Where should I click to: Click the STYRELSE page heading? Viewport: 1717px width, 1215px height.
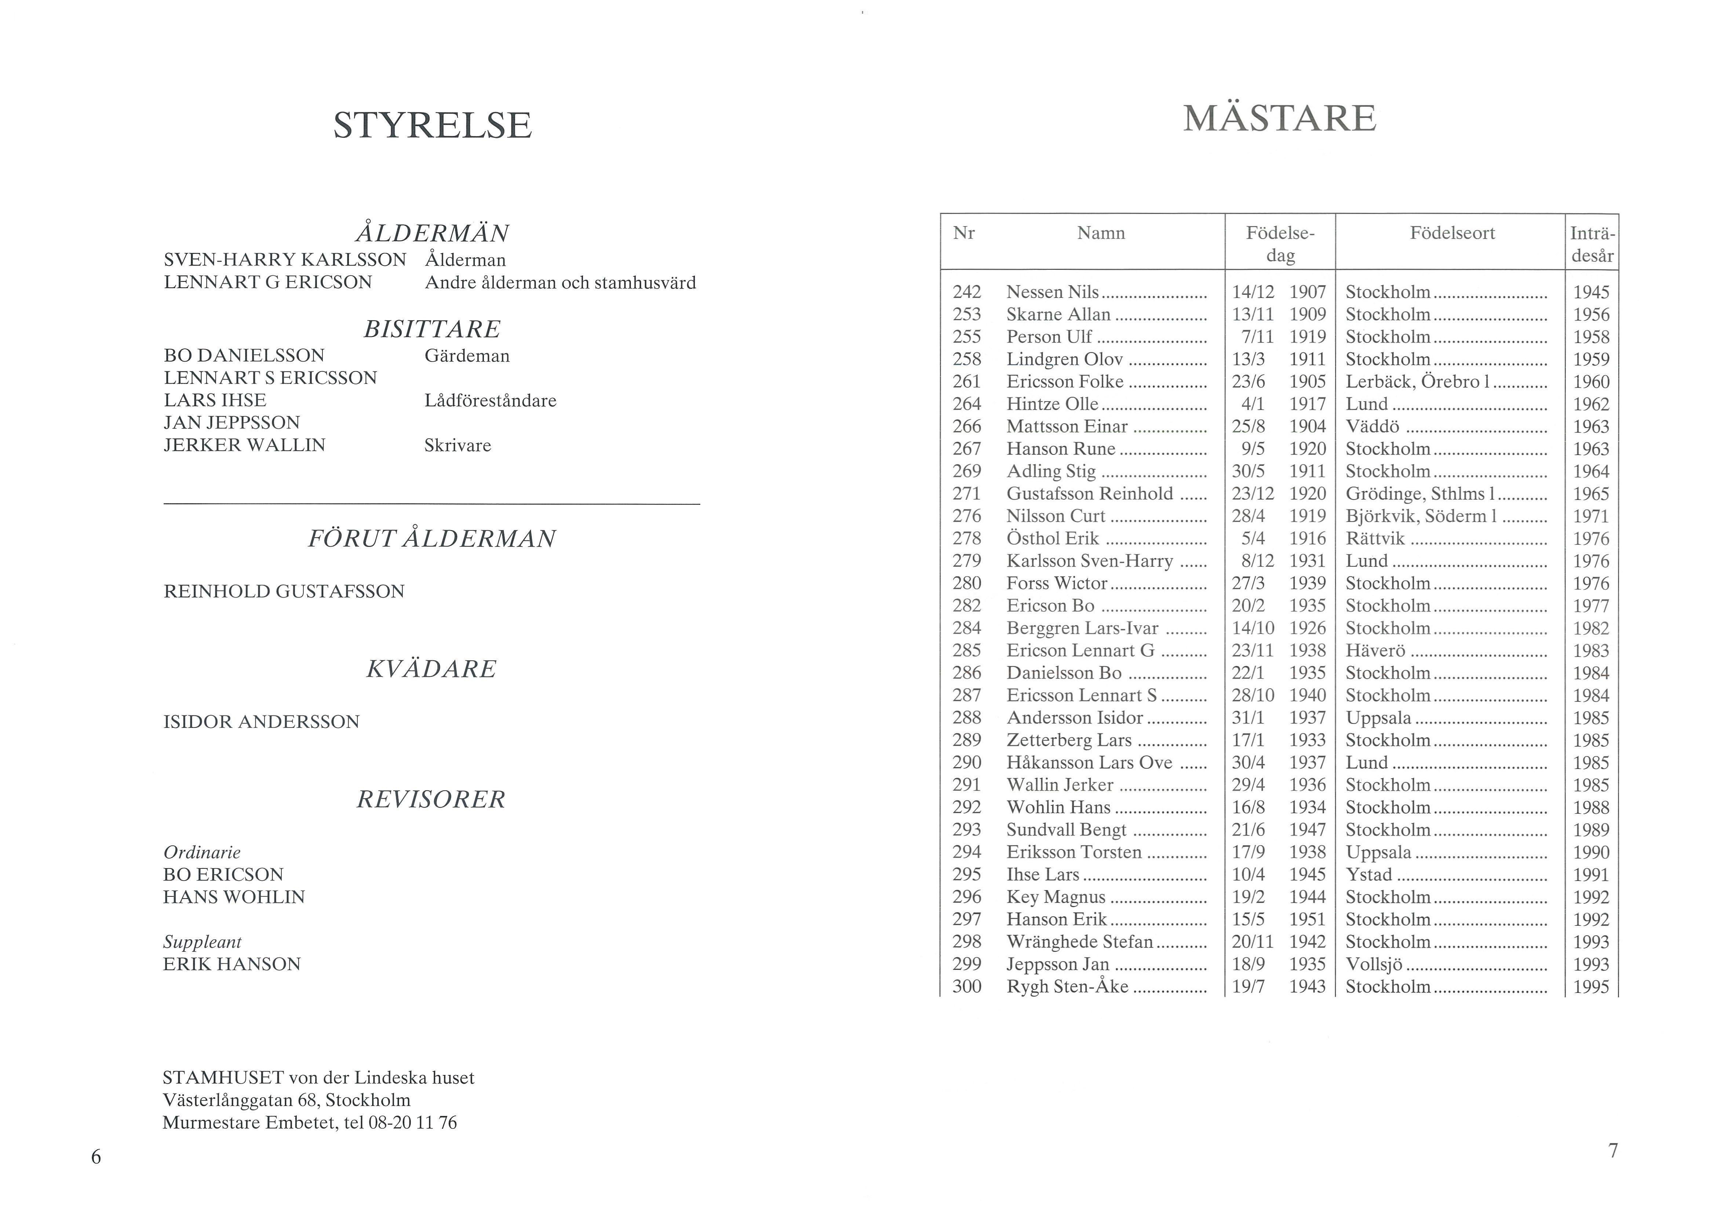(x=432, y=125)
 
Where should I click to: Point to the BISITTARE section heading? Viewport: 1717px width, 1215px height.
(x=431, y=329)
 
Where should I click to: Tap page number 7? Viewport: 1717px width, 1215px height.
(x=1613, y=1151)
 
